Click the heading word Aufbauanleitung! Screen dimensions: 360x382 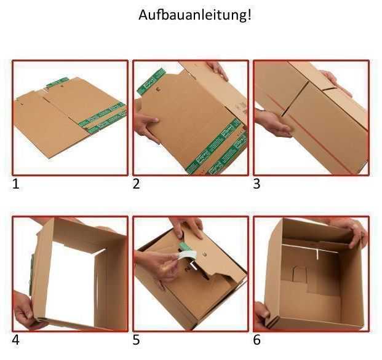click(x=195, y=15)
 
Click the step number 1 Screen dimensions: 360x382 click(x=16, y=183)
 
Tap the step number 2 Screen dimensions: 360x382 click(x=137, y=183)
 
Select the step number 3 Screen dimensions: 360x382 click(x=257, y=183)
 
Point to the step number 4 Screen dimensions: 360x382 click(x=16, y=340)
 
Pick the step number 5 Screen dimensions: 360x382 click(x=137, y=340)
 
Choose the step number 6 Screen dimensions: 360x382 click(x=257, y=340)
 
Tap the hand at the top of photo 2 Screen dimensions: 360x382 click(x=218, y=69)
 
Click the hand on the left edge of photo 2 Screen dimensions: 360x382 click(x=146, y=127)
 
